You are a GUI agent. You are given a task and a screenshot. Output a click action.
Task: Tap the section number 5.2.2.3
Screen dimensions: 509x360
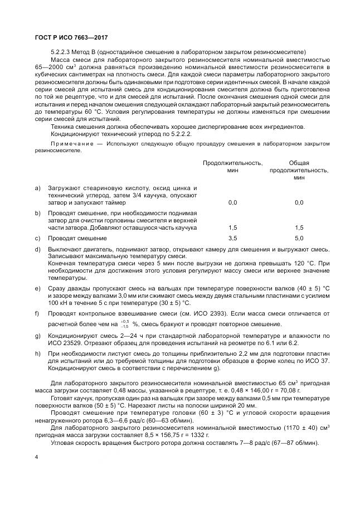point(61,52)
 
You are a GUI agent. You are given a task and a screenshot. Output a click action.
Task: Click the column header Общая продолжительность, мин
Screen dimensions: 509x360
point(299,170)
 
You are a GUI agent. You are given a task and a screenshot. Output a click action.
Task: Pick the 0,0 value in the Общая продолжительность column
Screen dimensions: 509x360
point(299,203)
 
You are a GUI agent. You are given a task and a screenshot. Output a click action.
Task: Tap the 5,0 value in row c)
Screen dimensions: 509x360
point(299,238)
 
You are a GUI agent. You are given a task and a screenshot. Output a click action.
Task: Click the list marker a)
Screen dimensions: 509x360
point(37,188)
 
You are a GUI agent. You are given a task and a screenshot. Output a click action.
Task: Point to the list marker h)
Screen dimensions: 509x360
point(37,353)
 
